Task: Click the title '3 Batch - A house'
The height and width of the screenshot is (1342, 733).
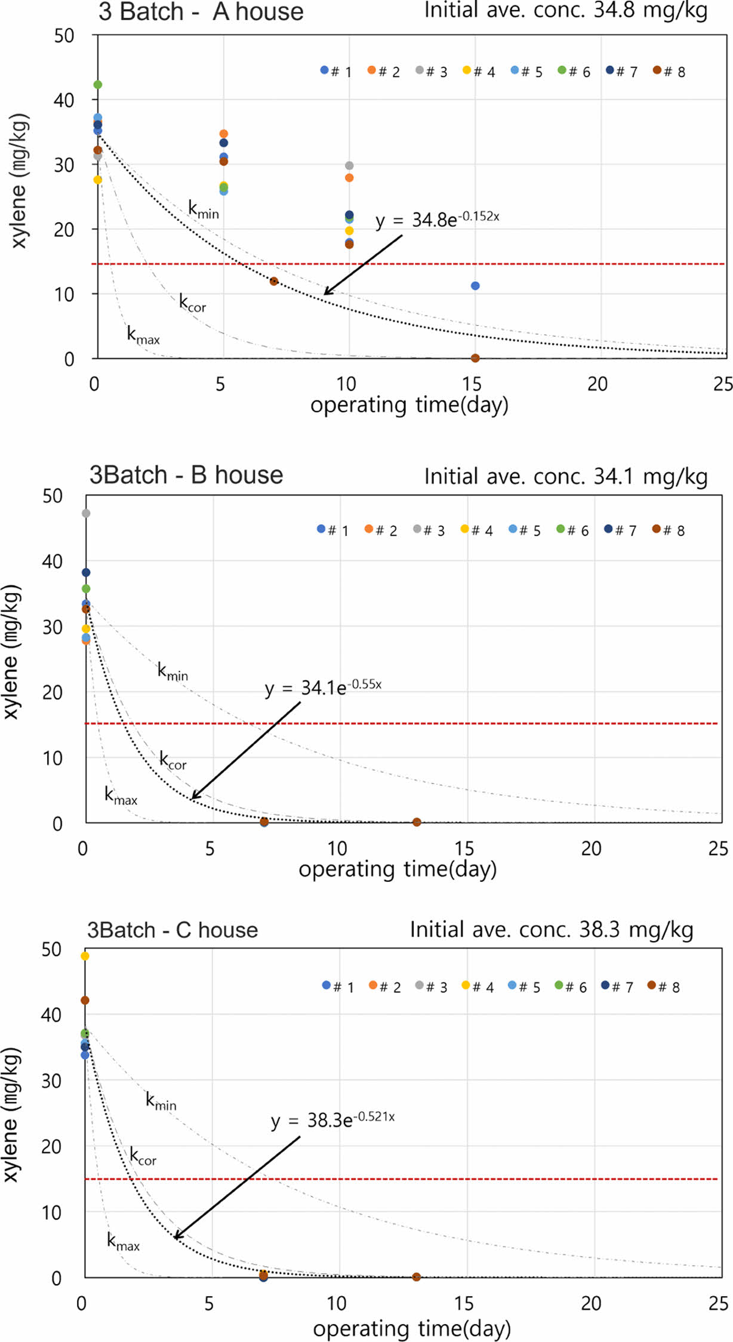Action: tap(201, 12)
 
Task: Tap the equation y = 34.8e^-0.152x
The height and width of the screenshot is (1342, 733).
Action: tap(437, 220)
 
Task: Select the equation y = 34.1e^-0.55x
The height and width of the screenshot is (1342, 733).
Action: tap(323, 687)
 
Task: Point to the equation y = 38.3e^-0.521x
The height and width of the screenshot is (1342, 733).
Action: tap(332, 1119)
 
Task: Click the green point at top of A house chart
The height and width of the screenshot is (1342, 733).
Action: tap(98, 85)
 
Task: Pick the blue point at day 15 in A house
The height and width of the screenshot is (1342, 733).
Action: tap(475, 286)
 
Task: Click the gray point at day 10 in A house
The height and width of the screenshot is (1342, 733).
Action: tap(349, 165)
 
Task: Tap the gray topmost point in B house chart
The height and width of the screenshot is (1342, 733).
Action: tap(86, 513)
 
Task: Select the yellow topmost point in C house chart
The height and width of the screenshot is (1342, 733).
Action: tap(85, 956)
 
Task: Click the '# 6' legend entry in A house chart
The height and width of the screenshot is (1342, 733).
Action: tap(574, 72)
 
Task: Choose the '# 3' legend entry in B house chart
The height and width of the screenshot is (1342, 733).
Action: tap(429, 530)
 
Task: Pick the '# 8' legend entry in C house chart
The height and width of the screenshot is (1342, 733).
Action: tap(664, 987)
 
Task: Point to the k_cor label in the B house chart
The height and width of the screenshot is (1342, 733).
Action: tap(173, 761)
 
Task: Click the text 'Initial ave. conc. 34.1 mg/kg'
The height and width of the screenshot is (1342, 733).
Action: tap(565, 477)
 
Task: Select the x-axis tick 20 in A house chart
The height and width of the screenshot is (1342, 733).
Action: tap(597, 384)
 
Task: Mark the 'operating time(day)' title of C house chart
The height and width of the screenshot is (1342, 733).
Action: tap(412, 1328)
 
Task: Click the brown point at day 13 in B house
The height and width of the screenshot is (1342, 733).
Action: tap(417, 822)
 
